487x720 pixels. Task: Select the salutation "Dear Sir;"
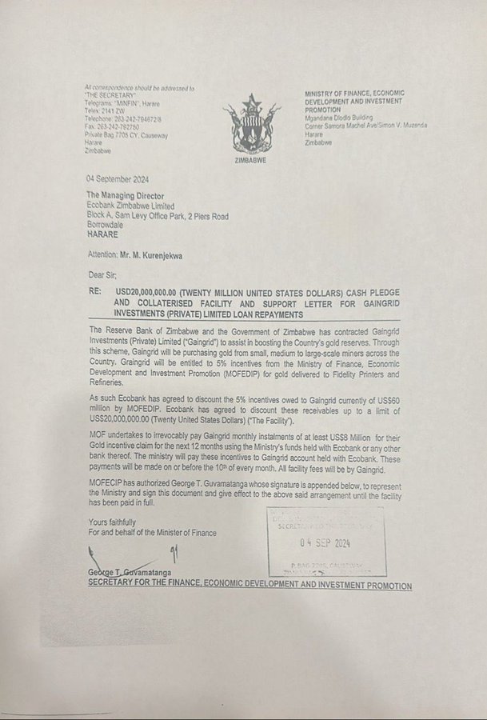click(103, 278)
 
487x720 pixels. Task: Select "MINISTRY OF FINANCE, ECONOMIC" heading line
click(360, 94)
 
